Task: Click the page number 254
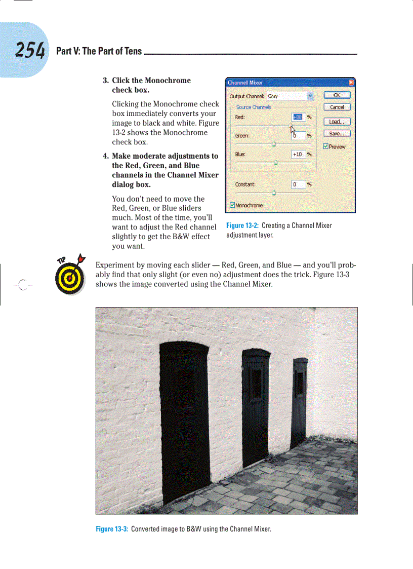[x=30, y=50]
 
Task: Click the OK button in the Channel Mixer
[x=336, y=95]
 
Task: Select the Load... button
[x=336, y=122]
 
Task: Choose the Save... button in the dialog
[x=336, y=134]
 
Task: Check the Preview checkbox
[x=326, y=146]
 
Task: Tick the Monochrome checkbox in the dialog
[x=233, y=205]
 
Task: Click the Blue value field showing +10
[x=298, y=154]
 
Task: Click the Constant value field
[x=298, y=184]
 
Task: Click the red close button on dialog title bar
[x=351, y=83]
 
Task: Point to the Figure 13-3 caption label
[x=112, y=529]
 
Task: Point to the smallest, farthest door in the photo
[x=300, y=395]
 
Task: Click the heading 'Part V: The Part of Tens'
[x=99, y=51]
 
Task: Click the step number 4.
[x=106, y=156]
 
